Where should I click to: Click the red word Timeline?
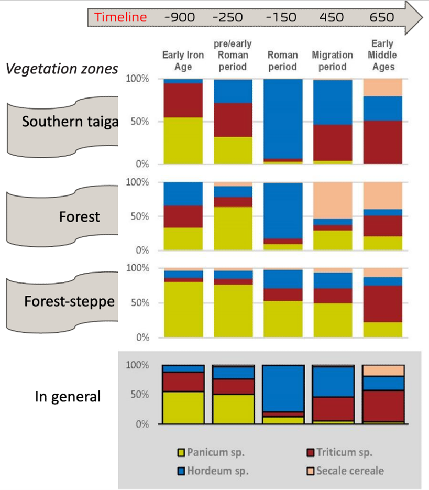(120, 17)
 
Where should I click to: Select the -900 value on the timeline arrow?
(180, 17)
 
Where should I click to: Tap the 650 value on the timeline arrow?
(381, 17)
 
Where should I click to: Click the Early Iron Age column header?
(183, 61)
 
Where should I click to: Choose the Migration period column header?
(332, 61)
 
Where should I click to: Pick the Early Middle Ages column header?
(382, 55)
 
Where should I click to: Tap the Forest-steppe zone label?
(69, 302)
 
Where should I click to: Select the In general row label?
(68, 396)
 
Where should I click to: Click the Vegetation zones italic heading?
(61, 69)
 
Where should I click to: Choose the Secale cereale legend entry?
(349, 471)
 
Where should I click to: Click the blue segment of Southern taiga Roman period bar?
(282, 118)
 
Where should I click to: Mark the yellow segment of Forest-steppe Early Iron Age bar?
(183, 309)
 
